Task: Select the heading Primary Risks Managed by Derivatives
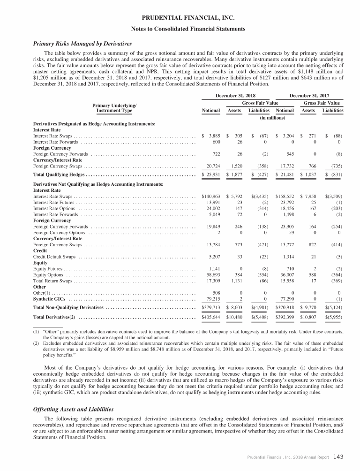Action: click(82, 44)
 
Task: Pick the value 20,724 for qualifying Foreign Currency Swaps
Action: click(212, 165)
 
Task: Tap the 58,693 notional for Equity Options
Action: click(212, 275)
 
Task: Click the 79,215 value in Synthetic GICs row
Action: click(212, 299)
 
